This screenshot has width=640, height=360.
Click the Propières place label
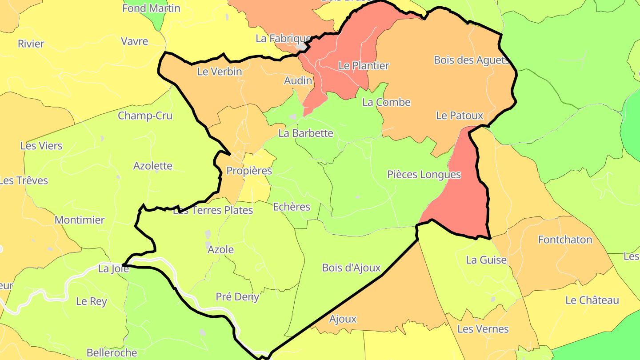point(249,171)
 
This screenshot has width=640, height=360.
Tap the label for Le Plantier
point(364,66)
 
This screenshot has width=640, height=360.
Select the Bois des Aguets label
point(471,60)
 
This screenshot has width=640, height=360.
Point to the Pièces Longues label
point(424,175)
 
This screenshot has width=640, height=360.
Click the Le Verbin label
point(220,72)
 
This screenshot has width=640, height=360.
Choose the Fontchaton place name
point(565,240)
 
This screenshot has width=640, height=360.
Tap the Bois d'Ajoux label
point(351,268)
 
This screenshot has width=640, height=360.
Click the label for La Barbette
point(306,133)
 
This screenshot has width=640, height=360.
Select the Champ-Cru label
point(145,116)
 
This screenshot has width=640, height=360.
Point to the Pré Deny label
point(237,297)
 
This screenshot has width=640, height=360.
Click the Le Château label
point(592,300)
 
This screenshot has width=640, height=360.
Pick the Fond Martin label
point(151,8)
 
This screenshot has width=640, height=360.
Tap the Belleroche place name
point(112,353)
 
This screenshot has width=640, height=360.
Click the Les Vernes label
point(483,329)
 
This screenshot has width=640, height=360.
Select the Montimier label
point(80,220)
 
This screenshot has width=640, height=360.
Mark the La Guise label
point(486,260)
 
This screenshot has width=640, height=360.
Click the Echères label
point(292,207)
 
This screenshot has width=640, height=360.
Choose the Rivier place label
point(31,44)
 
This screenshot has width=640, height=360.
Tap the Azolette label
point(153,166)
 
